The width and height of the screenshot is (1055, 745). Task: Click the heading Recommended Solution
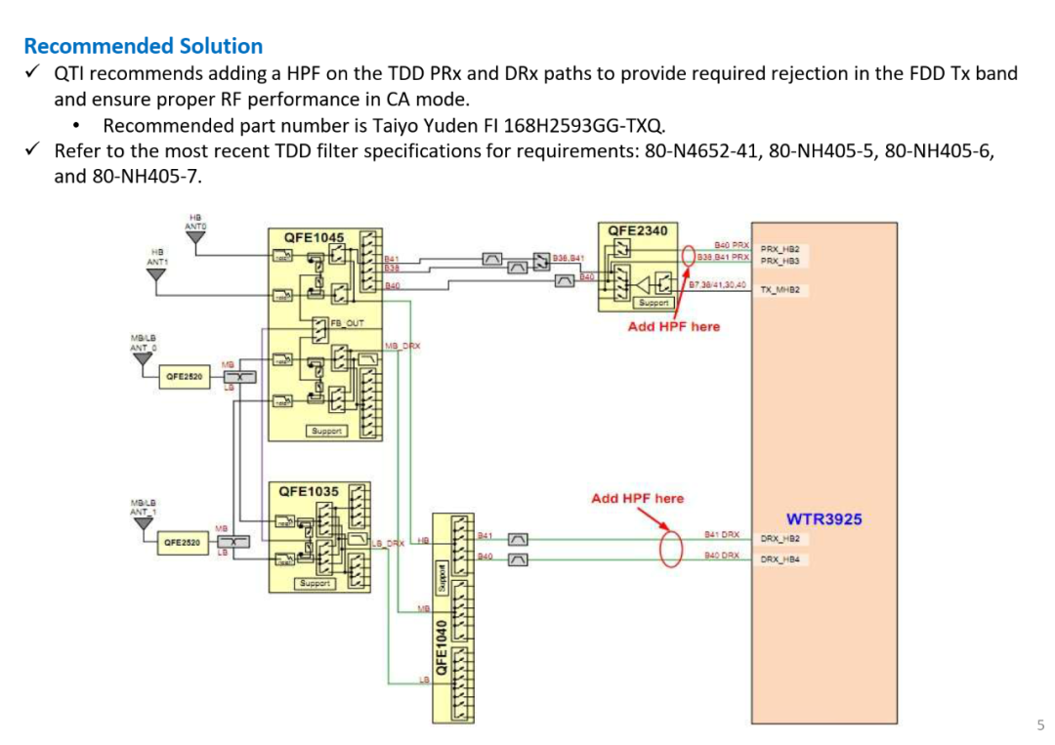[143, 46]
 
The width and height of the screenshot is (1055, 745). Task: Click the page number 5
[1040, 724]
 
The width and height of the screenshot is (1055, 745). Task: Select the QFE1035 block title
[311, 491]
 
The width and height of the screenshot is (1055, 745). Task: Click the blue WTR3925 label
[823, 518]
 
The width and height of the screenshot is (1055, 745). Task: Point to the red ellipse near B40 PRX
[688, 256]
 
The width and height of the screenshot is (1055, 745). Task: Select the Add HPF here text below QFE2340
[673, 326]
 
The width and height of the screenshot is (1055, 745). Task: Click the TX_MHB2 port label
[781, 290]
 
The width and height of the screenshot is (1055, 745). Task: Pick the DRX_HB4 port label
[781, 560]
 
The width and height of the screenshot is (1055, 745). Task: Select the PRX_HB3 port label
[781, 262]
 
